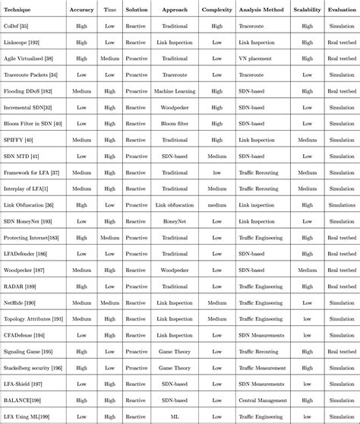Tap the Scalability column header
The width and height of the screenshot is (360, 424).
307,10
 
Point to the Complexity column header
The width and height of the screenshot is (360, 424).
217,10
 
